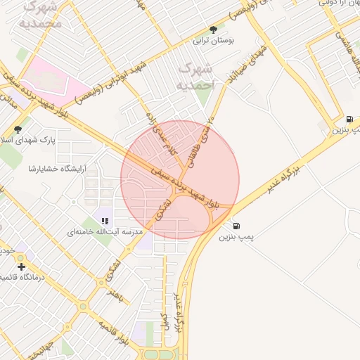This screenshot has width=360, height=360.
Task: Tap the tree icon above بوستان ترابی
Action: coord(213,30)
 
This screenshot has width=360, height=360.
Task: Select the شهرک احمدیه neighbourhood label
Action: coord(195,74)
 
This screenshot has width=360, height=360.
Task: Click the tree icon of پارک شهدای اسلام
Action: coord(18,129)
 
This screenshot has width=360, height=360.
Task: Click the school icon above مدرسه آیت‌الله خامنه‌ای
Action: coord(105,220)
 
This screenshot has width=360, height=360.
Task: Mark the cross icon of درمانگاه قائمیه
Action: coord(22,266)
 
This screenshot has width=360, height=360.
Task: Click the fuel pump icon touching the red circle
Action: coord(236,226)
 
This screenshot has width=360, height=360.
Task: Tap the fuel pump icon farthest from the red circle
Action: coord(350,120)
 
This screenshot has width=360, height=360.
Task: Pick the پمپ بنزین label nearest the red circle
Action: coord(234,238)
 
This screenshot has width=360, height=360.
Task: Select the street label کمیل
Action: coord(163,323)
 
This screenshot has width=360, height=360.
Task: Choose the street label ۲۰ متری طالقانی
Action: coord(201,142)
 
